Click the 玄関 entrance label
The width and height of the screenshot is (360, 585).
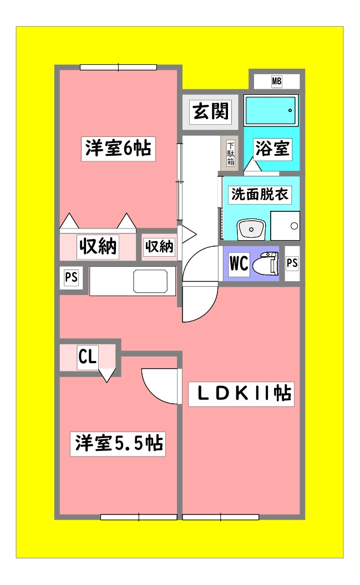click(x=210, y=111)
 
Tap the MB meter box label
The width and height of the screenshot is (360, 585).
click(x=276, y=82)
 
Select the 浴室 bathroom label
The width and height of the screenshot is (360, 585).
click(x=272, y=148)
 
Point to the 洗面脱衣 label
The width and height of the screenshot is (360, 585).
click(x=260, y=194)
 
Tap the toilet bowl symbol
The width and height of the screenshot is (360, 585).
click(x=266, y=264)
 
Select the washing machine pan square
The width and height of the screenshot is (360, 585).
click(x=285, y=226)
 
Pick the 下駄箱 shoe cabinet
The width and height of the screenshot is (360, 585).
click(x=230, y=154)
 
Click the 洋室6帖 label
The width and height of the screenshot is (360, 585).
click(x=118, y=149)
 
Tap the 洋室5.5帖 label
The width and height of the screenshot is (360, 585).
click(x=118, y=444)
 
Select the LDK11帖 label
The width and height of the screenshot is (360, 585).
click(x=241, y=394)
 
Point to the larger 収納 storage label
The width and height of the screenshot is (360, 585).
click(x=97, y=247)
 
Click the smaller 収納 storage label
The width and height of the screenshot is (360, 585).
click(x=159, y=247)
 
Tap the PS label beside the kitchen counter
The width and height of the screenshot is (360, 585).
click(x=71, y=277)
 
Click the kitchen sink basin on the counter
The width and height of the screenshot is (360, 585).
click(x=150, y=281)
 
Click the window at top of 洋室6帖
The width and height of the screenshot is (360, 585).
click(x=118, y=68)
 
